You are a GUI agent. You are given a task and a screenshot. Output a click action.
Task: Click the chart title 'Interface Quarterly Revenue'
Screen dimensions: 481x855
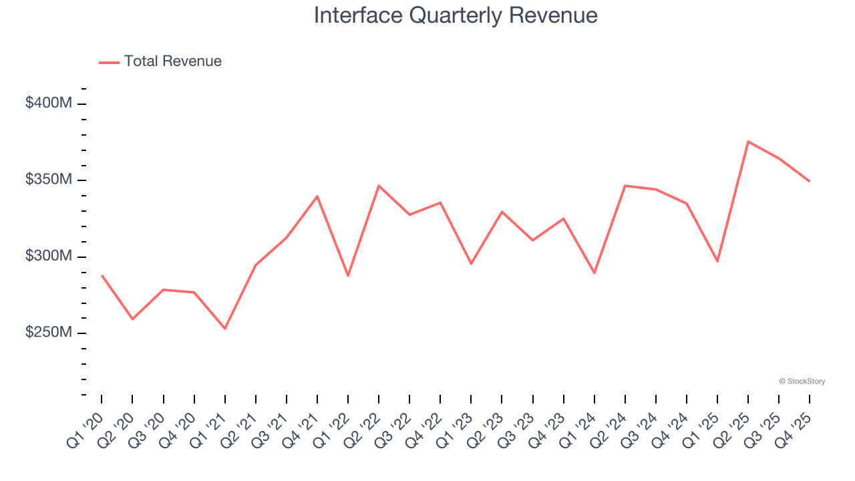pos(456,15)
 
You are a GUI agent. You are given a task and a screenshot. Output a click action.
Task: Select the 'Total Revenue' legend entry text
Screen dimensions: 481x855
pos(172,61)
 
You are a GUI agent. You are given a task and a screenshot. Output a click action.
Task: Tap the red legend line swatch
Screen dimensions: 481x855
pos(109,62)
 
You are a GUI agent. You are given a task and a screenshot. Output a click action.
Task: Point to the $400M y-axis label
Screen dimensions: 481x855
pos(49,104)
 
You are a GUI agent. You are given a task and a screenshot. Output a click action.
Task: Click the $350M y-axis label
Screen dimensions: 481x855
pos(49,180)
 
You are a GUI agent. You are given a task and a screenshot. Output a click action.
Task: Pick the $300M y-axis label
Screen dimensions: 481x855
pos(49,257)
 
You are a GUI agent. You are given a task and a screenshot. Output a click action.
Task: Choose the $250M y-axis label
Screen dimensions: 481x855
pos(49,333)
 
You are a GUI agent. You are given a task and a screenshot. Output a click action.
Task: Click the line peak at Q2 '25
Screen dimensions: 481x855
pos(748,142)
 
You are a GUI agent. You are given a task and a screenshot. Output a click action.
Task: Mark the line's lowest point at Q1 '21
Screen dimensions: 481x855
pos(225,329)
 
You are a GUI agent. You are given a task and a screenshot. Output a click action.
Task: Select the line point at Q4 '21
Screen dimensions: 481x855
pos(317,196)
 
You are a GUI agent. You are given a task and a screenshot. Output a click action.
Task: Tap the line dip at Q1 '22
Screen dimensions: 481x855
pos(348,276)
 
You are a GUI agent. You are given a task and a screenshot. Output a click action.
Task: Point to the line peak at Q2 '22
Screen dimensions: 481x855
pos(379,186)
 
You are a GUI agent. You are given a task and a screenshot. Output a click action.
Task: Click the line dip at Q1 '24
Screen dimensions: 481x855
pos(594,273)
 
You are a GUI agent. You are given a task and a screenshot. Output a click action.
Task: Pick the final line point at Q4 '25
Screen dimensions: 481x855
pos(810,181)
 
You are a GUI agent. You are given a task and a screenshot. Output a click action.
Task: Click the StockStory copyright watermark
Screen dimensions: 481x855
pos(802,381)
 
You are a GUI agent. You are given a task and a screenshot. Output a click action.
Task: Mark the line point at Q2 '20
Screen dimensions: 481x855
pos(132,319)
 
